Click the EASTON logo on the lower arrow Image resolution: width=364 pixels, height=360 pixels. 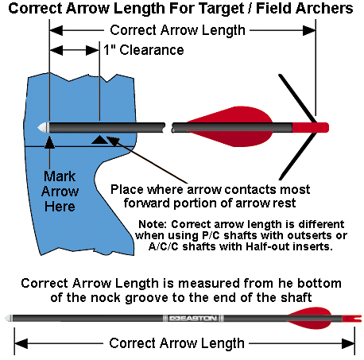pyautogui.click(x=193, y=318)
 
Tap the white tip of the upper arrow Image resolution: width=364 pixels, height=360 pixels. pyautogui.click(x=43, y=128)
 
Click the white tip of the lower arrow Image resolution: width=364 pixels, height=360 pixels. pyautogui.click(x=9, y=318)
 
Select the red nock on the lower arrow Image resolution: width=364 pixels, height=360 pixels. pyautogui.click(x=352, y=319)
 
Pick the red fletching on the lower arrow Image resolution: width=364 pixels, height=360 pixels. pyautogui.click(x=310, y=318)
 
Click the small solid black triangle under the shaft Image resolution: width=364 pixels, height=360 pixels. pyautogui.click(x=99, y=140)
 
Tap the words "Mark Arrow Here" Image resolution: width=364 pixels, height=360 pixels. pyautogui.click(x=60, y=192)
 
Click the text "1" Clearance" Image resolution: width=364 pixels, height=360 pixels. pyautogui.click(x=144, y=50)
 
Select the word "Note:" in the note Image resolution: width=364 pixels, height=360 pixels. pyautogui.click(x=153, y=224)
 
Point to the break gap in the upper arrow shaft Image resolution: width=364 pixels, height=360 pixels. pyautogui.click(x=168, y=127)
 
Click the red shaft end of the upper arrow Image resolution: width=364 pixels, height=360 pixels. pyautogui.click(x=311, y=128)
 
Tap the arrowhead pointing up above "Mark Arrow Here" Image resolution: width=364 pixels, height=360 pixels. pyautogui.click(x=49, y=142)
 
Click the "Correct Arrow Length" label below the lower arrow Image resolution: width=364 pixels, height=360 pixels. pyautogui.click(x=176, y=343)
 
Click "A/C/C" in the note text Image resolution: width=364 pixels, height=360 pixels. pyautogui.click(x=164, y=246)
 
